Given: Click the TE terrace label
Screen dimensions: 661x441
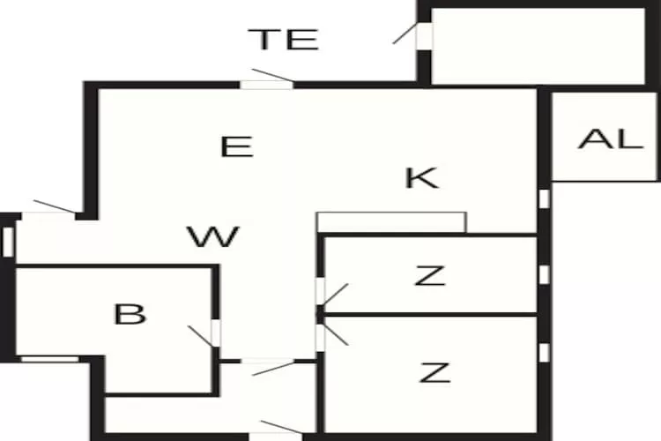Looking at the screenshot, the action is coord(283,39).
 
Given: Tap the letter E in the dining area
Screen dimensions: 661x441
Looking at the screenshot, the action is coord(237,147).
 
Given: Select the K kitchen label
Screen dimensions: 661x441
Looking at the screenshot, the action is coord(421,178).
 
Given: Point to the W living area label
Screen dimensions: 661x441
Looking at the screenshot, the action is coord(213,236).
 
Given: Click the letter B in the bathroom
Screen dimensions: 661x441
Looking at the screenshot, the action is coord(130,314).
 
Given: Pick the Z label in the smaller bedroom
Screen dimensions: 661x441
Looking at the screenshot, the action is coord(430,275).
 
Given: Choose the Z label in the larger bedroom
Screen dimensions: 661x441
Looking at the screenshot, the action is coord(434,372).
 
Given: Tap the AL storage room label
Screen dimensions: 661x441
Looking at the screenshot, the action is coord(611,138).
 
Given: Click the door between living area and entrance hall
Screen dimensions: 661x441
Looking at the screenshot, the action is coord(268,366).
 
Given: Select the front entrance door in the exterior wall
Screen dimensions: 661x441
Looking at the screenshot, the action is coord(276,430).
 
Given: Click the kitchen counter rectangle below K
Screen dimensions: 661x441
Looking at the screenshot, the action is coord(391,222).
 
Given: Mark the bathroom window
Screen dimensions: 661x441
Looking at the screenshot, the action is coord(49,359).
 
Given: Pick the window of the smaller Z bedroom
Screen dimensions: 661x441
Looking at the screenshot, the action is coord(545,274).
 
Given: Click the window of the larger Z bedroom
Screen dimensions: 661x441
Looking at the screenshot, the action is coord(545,353).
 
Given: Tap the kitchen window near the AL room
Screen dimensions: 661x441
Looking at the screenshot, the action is coord(545,198).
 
